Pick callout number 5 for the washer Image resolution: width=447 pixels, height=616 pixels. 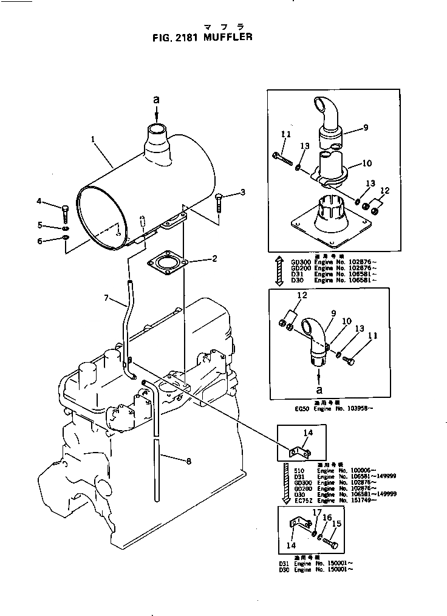pos(40,226)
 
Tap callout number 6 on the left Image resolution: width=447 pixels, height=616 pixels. pos(40,241)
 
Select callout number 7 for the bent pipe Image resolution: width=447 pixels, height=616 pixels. pos(106,298)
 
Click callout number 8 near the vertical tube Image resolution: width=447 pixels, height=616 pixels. pos(188,461)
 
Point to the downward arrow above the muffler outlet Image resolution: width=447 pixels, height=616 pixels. pos(156,115)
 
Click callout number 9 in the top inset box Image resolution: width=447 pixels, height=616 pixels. pos(366,128)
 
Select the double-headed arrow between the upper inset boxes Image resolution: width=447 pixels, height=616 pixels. pos(280,271)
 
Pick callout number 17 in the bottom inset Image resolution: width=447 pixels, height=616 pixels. pos(316,513)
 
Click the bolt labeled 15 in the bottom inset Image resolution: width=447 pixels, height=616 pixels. pos(330,538)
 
